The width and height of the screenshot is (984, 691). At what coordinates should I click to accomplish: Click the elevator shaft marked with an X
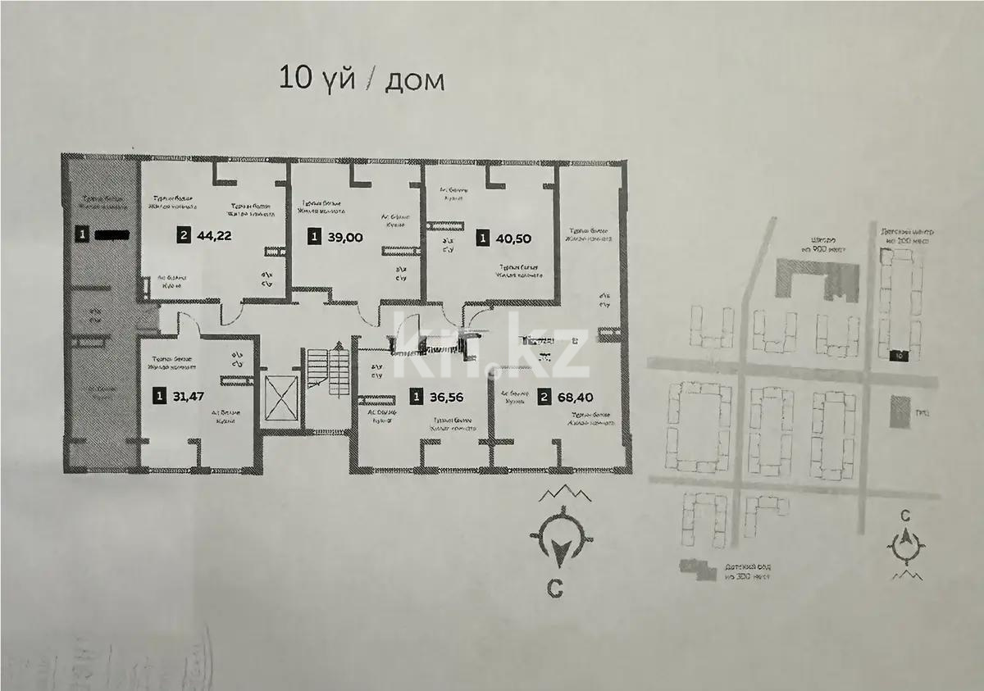(281, 402)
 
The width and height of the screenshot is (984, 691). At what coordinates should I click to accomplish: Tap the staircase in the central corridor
(327, 372)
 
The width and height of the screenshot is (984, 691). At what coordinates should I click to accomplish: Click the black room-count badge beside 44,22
(184, 237)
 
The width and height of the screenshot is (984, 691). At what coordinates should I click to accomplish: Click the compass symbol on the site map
(906, 543)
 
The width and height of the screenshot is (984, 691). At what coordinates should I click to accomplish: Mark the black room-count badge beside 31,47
(158, 397)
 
